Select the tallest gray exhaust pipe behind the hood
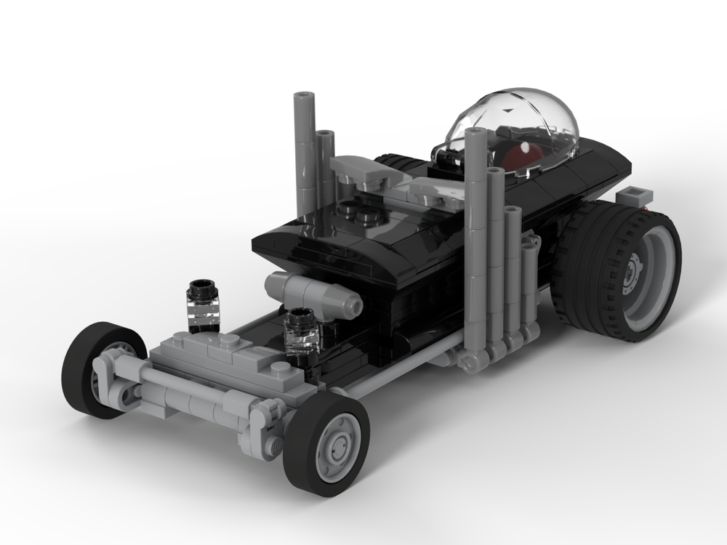point(302,145)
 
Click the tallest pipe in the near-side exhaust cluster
point(475,233)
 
